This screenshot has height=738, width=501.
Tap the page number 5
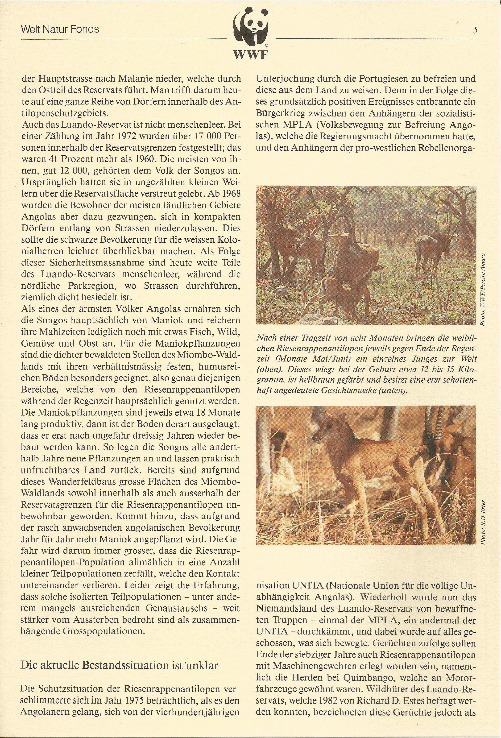click(475, 30)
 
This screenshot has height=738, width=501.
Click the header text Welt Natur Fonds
click(60, 29)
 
